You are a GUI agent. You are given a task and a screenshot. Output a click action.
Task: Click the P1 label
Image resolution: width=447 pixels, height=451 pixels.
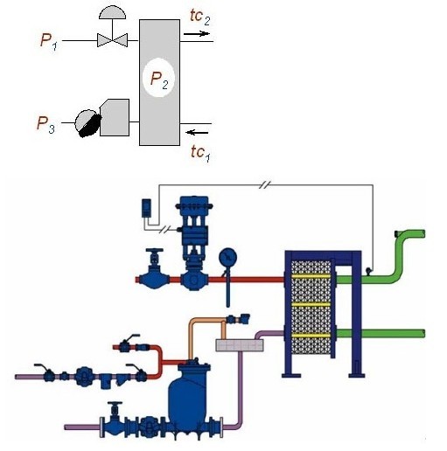pyautogui.click(x=49, y=42)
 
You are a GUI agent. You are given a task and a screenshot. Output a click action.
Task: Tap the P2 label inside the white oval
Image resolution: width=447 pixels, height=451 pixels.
pyautogui.click(x=159, y=80)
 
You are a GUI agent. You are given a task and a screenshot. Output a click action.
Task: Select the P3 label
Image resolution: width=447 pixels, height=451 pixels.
pyautogui.click(x=45, y=124)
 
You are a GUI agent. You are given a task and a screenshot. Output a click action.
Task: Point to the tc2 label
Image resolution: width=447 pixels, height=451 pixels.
pyautogui.click(x=200, y=17)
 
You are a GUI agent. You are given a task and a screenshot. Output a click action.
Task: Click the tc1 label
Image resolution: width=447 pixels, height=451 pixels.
pyautogui.click(x=200, y=153)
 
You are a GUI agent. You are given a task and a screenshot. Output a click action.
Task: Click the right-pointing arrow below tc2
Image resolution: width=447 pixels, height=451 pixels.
pyautogui.click(x=197, y=34)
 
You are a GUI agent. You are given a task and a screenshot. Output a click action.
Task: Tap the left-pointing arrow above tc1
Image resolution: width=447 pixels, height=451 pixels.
pyautogui.click(x=197, y=133)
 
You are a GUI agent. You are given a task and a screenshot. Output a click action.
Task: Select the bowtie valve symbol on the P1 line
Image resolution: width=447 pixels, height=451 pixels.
pyautogui.click(x=112, y=40)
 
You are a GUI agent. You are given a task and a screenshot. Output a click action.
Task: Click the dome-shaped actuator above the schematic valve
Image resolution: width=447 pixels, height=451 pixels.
pyautogui.click(x=113, y=13)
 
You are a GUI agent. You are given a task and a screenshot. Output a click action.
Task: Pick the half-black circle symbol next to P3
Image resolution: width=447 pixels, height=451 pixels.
pyautogui.click(x=88, y=123)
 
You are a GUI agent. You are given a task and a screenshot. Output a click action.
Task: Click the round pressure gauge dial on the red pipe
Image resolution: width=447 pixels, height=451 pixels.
pyautogui.click(x=227, y=257)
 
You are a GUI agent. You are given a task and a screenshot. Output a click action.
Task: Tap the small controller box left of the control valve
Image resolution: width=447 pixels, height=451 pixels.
pyautogui.click(x=146, y=208)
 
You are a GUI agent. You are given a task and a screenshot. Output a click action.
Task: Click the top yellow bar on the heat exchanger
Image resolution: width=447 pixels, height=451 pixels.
pyautogui.click(x=311, y=276)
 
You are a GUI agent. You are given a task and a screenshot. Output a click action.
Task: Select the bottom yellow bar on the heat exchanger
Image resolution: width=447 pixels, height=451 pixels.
pyautogui.click(x=311, y=336)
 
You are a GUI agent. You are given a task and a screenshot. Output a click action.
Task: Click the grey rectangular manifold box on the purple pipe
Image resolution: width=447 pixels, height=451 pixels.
pyautogui.click(x=240, y=345)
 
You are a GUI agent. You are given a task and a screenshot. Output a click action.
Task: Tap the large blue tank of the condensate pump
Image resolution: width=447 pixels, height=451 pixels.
pyautogui.click(x=188, y=396)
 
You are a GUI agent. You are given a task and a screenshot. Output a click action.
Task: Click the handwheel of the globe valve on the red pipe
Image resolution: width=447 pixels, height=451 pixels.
pyautogui.click(x=155, y=251)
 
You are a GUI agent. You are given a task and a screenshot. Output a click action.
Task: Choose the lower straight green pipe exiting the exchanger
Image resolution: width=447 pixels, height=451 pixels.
pyautogui.click(x=380, y=333)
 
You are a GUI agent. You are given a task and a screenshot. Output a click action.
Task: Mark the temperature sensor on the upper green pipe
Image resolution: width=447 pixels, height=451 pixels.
pyautogui.click(x=369, y=271)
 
